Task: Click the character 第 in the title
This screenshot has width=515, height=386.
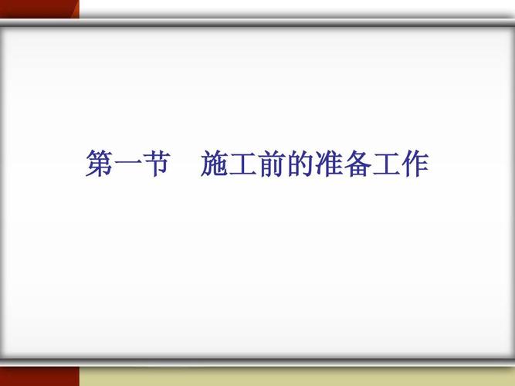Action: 100,164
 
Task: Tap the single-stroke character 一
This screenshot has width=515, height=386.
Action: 127,165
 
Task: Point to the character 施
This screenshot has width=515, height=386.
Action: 214,164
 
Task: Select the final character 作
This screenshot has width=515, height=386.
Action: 413,164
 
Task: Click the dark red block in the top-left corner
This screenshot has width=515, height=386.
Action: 35,8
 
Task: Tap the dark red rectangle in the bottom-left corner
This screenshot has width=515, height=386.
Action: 39,377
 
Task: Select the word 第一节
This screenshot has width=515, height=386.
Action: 127,164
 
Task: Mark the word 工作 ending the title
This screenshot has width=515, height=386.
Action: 398,164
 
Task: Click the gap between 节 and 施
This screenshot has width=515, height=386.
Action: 185,164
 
